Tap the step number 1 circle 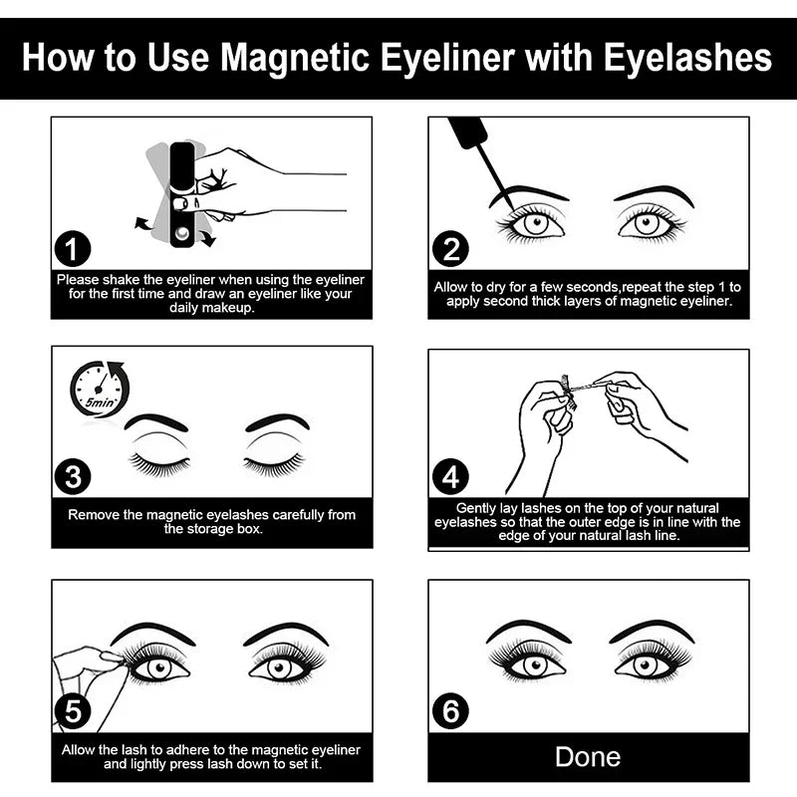73,250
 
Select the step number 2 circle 450,250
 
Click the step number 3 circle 73,476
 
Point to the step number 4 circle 450,477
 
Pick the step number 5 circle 73,711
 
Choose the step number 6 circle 450,711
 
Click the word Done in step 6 588,756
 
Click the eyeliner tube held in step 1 182,193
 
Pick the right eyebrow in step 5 285,633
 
